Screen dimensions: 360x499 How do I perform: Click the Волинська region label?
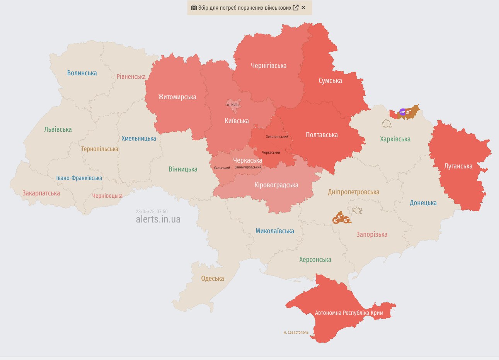(x=82, y=73)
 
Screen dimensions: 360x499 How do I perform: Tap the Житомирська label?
(x=177, y=97)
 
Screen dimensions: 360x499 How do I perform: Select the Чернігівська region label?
(x=269, y=66)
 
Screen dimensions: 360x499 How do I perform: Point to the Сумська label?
(x=330, y=80)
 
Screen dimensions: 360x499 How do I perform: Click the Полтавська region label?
(x=322, y=135)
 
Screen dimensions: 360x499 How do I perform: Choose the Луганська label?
(x=458, y=166)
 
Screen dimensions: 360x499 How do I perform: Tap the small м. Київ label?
(x=233, y=105)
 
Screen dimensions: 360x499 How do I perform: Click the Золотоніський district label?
(x=277, y=137)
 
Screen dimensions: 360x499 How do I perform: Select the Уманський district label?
(x=222, y=168)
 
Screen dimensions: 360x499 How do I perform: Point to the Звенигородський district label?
(x=248, y=167)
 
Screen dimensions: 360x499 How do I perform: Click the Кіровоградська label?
(x=276, y=185)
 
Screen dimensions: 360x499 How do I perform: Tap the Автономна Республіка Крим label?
(x=349, y=313)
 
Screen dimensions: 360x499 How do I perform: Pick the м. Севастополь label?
(x=296, y=332)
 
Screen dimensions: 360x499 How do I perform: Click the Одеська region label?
(x=212, y=278)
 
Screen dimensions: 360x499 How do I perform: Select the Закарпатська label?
(x=41, y=193)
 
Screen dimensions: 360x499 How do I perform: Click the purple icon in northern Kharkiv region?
(x=402, y=112)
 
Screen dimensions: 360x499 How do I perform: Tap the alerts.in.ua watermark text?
(x=158, y=219)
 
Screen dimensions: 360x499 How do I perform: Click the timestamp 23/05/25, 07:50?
(x=152, y=212)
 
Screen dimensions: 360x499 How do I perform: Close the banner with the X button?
(x=303, y=7)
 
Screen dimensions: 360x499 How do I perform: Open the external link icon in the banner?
(x=296, y=7)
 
